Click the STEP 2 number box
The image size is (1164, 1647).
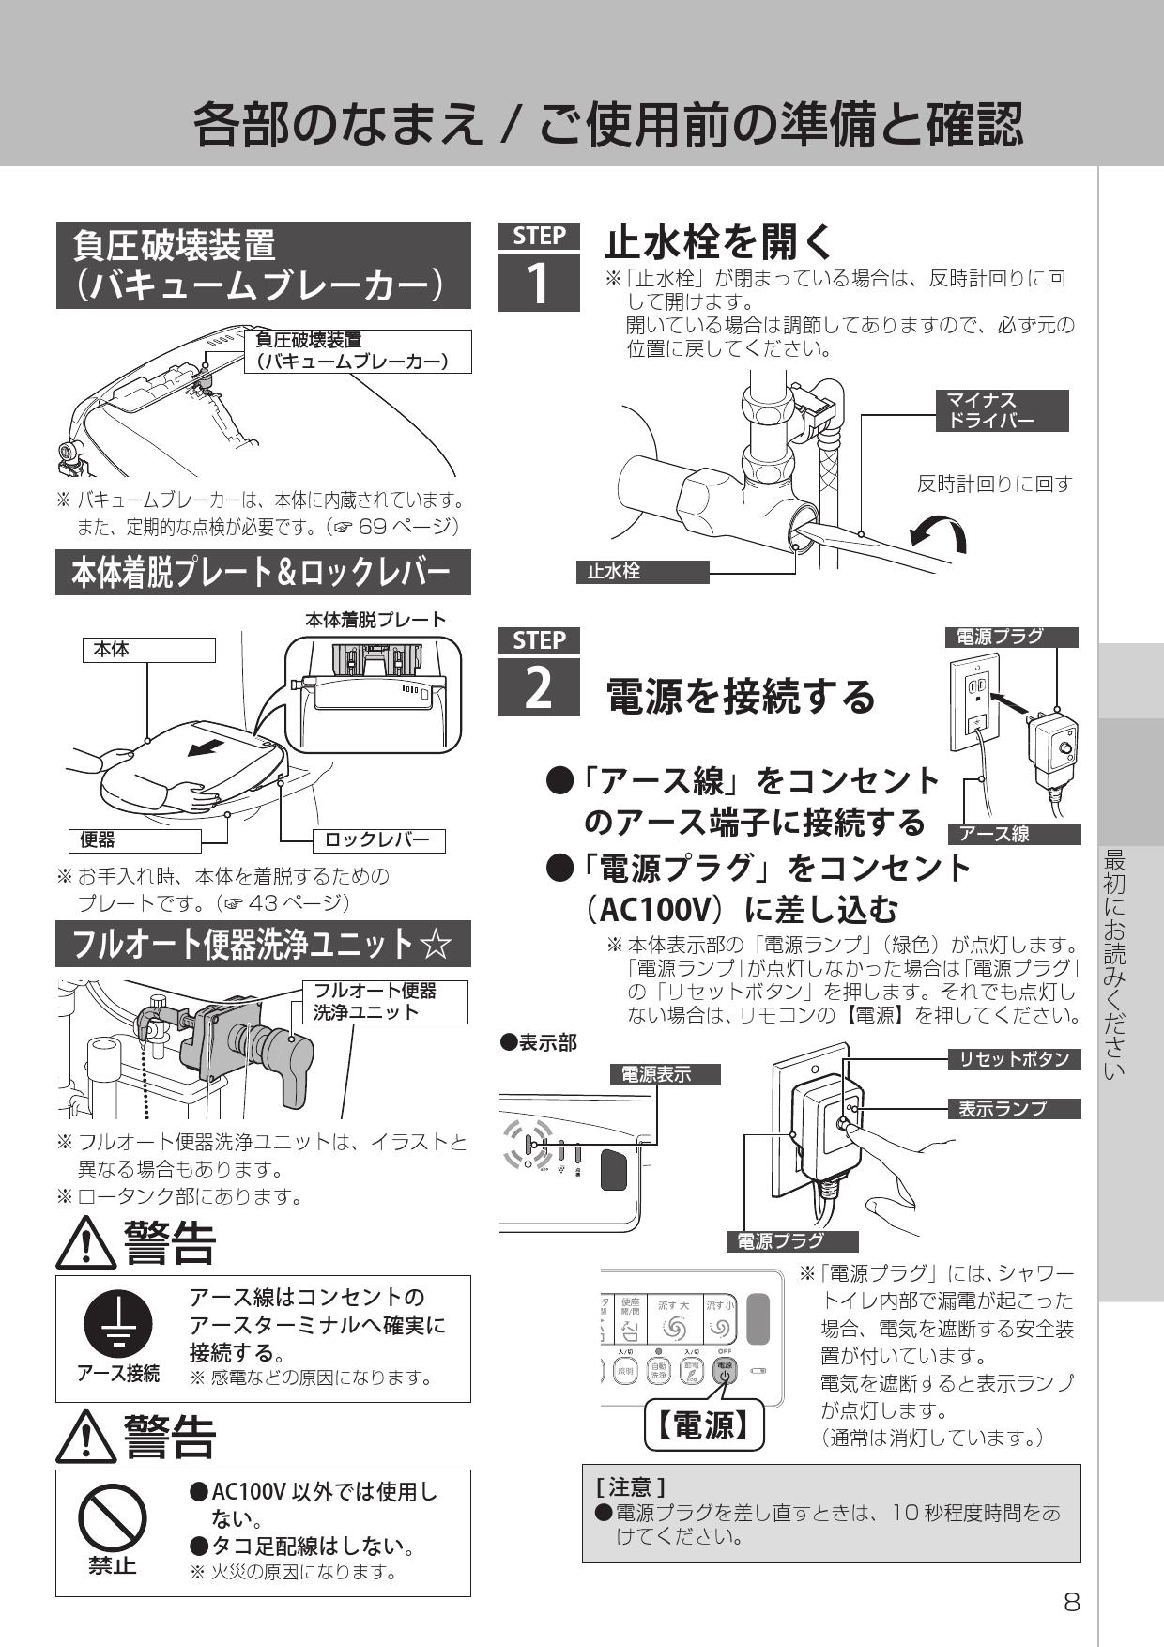(x=538, y=687)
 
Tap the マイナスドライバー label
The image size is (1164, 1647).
(x=1002, y=411)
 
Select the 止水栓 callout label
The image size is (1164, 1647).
(x=642, y=572)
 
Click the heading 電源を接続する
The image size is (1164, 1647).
(x=741, y=696)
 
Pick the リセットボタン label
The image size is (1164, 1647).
(x=1013, y=1059)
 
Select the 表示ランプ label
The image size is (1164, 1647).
(x=1013, y=1109)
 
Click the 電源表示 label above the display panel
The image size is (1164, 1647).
(x=666, y=1074)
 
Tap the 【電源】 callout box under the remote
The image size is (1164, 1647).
(x=704, y=1426)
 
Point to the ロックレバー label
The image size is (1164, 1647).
(x=377, y=840)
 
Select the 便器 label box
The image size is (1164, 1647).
(x=134, y=840)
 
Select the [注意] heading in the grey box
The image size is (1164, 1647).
(x=631, y=1486)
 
